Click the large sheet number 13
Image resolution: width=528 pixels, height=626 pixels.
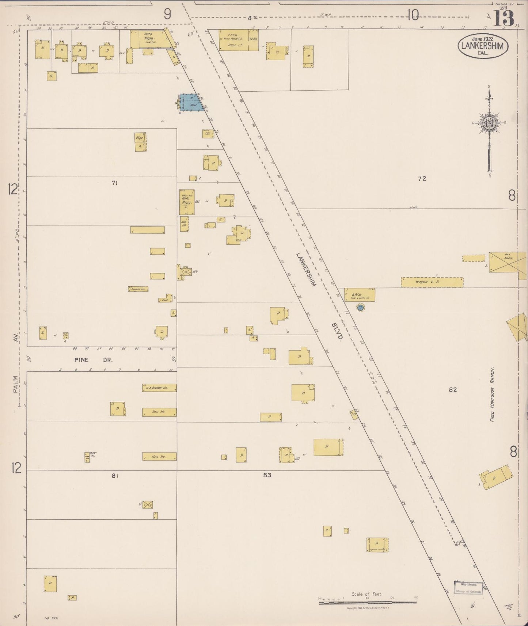[x=504, y=18]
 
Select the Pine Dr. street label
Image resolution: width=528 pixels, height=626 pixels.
[x=94, y=360]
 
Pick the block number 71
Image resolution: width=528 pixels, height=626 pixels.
[x=115, y=183]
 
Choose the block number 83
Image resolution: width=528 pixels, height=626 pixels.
[x=267, y=475]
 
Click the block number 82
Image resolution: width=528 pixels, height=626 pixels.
[x=453, y=390]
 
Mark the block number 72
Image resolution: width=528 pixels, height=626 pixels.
[x=422, y=179]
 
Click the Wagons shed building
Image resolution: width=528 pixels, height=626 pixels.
[x=432, y=282]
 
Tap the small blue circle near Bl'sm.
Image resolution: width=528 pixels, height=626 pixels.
[x=360, y=308]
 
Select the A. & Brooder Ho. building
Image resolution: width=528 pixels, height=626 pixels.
[x=159, y=388]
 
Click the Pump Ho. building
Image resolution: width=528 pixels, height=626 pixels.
[x=87, y=457]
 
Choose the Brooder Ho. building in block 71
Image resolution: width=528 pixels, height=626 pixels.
[x=138, y=289]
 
